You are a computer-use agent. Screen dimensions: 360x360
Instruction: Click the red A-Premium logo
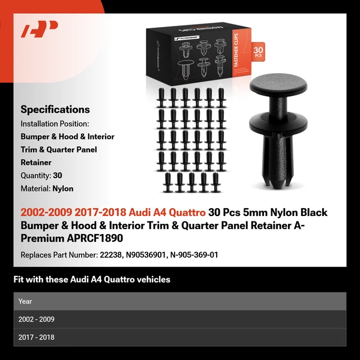40,29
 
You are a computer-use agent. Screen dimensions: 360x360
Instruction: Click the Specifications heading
55,109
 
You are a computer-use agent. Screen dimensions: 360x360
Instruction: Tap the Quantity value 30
58,175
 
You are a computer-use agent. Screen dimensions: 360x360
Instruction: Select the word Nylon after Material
62,188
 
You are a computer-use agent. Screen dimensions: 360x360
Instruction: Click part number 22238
110,254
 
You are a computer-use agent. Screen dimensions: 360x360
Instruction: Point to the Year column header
25,301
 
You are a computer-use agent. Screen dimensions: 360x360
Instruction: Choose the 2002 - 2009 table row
179,319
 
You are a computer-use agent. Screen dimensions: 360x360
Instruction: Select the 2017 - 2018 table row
179,337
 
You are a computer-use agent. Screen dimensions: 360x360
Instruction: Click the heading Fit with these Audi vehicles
91,279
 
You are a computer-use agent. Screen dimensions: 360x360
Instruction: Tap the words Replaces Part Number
58,254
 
